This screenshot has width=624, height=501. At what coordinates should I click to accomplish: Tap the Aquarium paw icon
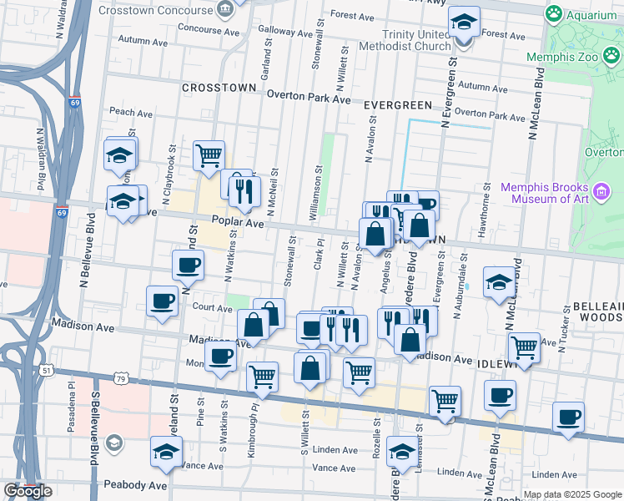click(x=552, y=13)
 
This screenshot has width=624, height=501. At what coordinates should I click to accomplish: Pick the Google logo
click(x=28, y=491)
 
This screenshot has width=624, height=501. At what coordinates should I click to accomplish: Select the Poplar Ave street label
click(x=237, y=223)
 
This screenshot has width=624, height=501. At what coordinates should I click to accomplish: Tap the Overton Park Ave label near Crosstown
click(x=309, y=98)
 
